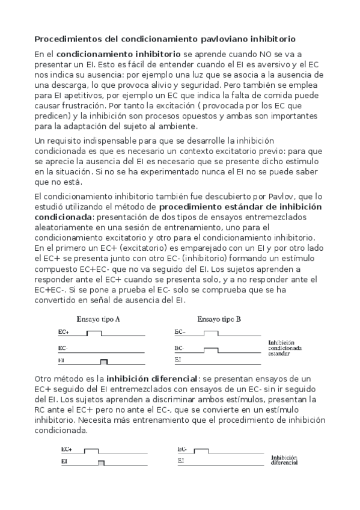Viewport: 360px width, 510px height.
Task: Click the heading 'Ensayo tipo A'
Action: [98, 319]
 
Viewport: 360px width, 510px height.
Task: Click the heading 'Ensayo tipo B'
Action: [219, 319]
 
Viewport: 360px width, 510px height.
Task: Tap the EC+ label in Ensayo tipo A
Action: [63, 332]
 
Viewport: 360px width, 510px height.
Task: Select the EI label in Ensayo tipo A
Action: [61, 360]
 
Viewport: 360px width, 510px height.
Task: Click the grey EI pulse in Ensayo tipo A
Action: [104, 361]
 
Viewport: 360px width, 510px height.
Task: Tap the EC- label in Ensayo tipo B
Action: [180, 332]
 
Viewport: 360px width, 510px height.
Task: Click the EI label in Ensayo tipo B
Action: [178, 360]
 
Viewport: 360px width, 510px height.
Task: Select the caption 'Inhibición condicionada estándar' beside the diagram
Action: [285, 348]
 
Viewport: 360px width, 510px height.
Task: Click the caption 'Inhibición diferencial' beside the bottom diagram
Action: [285, 460]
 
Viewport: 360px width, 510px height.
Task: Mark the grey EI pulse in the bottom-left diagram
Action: [101, 462]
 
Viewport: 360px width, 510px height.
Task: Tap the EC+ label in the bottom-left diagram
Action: [66, 449]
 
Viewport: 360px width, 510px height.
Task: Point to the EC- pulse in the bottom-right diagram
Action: [201, 450]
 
